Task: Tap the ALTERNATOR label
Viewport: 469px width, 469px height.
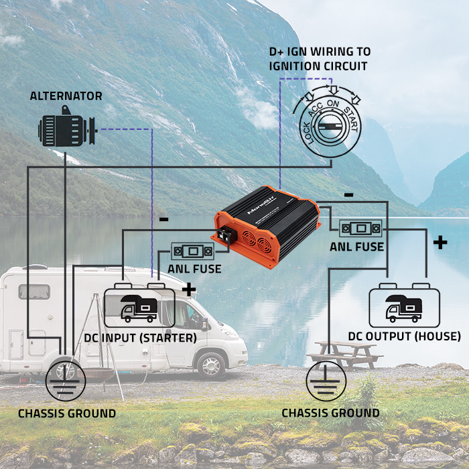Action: tap(66, 96)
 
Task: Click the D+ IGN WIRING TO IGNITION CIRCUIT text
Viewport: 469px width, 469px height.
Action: tap(320, 59)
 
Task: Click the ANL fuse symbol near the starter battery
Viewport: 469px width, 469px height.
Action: tap(193, 251)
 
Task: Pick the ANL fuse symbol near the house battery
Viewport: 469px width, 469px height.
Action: tap(361, 228)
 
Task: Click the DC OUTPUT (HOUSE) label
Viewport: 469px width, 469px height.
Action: tap(404, 336)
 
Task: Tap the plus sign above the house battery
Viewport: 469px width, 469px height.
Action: tap(440, 242)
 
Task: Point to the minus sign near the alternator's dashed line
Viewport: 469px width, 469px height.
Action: tap(163, 219)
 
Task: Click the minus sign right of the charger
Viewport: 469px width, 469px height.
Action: tap(348, 195)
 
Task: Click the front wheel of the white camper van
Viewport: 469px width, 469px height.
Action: tap(212, 364)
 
